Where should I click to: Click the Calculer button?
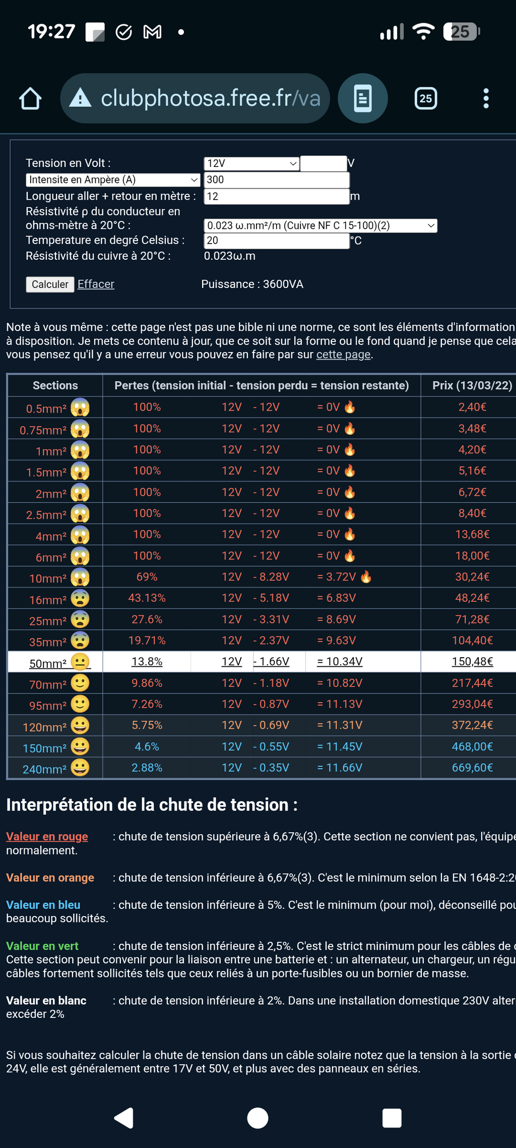coord(50,284)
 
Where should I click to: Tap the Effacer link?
coord(96,284)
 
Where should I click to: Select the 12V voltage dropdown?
coord(251,163)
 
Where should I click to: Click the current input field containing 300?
coord(276,180)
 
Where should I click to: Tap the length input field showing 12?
coord(276,196)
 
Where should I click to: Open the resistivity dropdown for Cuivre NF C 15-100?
coord(320,225)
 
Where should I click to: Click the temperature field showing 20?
coord(276,241)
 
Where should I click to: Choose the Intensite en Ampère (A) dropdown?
coord(113,180)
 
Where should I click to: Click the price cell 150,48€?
coord(472,661)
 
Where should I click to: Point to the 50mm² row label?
coord(47,663)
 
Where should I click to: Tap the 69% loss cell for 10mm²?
coord(147,577)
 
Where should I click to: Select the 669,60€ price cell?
coord(472,768)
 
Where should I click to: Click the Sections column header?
coord(55,385)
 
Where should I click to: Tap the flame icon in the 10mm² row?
coord(366,577)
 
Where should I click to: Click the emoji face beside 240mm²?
coord(80,768)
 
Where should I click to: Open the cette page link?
coord(343,355)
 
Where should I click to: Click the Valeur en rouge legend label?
coord(47,836)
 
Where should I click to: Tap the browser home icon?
coord(30,98)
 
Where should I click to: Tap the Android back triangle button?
coord(124,1118)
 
